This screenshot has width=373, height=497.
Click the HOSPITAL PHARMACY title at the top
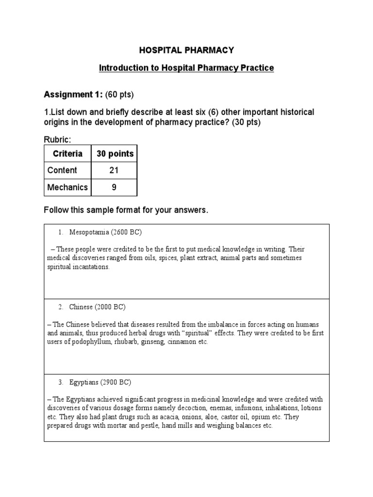click(x=186, y=50)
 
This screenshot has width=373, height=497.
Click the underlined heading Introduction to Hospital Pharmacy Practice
click(x=186, y=68)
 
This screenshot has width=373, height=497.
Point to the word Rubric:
click(x=58, y=140)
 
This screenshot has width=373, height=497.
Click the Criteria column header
click(x=67, y=154)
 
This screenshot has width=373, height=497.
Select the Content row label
click(x=62, y=170)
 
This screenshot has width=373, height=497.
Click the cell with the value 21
click(x=114, y=170)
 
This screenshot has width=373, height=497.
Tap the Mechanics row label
click(x=67, y=187)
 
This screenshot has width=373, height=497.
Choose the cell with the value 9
click(x=114, y=187)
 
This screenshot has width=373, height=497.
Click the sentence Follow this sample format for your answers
click(x=126, y=210)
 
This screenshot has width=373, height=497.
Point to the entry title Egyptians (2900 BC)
click(x=100, y=382)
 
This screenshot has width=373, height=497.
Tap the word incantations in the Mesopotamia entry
click(x=93, y=267)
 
